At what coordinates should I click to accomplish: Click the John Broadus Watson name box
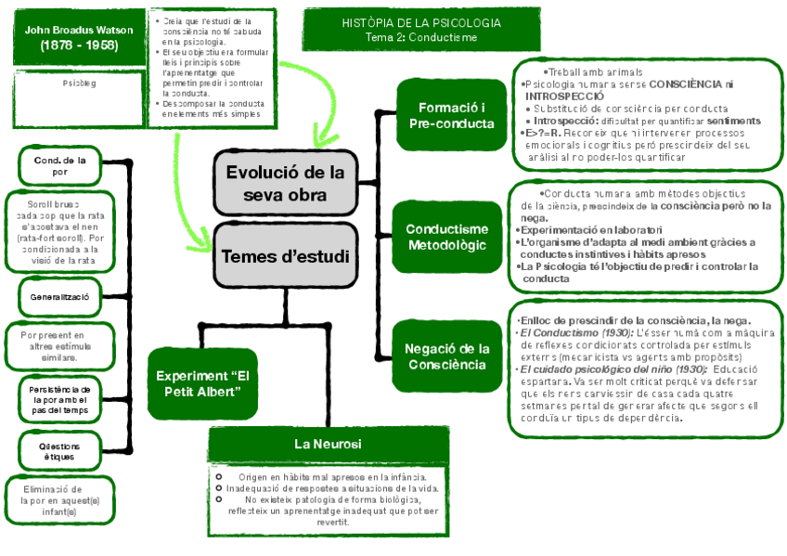(x=79, y=37)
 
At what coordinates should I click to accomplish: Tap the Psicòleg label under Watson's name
(x=79, y=83)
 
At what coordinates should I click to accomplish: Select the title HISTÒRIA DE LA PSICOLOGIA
(x=421, y=23)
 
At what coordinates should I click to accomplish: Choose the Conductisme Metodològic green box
(x=447, y=237)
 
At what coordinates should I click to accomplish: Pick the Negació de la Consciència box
(x=446, y=356)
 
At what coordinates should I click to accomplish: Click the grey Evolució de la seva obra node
(x=285, y=183)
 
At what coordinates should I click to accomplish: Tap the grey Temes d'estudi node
(x=286, y=255)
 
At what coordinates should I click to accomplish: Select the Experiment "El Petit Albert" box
(x=203, y=383)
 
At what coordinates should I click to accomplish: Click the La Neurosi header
(x=328, y=444)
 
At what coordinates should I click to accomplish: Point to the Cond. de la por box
(x=60, y=166)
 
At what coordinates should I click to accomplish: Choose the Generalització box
(x=60, y=297)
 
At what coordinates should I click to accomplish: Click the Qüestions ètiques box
(x=60, y=451)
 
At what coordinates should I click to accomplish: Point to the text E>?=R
(x=533, y=133)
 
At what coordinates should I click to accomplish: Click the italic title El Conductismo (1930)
(x=575, y=332)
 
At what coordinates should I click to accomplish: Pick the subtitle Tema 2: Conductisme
(x=421, y=38)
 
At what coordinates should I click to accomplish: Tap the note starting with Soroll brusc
(x=61, y=231)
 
